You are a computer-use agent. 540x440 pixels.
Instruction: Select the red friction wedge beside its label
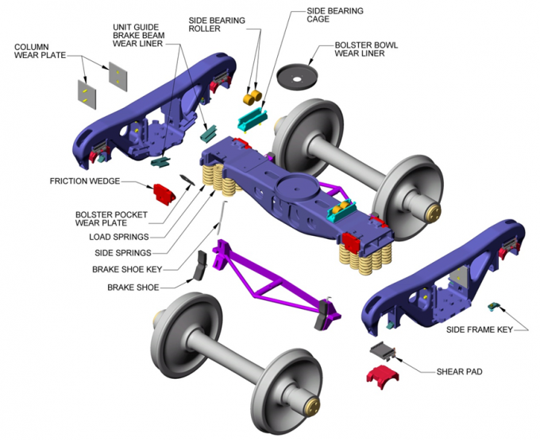(x=164, y=193)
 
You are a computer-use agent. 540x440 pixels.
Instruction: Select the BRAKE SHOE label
(x=133, y=287)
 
